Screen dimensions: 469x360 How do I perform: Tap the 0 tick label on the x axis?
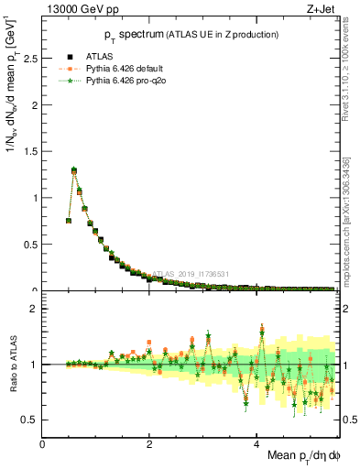pos(43,444)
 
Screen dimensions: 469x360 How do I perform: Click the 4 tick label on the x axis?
pos(256,444)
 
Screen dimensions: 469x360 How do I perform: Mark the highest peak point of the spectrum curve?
pos(74,169)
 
